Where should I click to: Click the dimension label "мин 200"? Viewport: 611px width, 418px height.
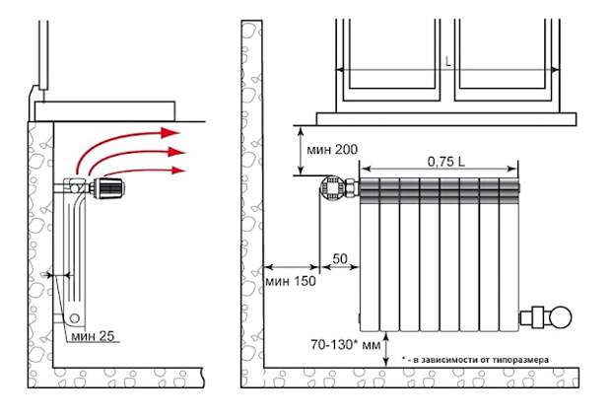pyautogui.click(x=332, y=149)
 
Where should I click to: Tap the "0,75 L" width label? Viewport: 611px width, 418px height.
pyautogui.click(x=446, y=162)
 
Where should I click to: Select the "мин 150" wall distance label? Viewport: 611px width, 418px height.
pyautogui.click(x=291, y=281)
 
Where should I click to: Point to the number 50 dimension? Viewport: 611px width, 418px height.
pyautogui.click(x=340, y=258)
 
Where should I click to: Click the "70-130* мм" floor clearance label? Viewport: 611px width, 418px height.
pyautogui.click(x=345, y=345)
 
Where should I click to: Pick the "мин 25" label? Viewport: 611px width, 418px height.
pyautogui.click(x=93, y=336)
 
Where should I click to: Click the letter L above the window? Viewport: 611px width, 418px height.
pyautogui.click(x=448, y=61)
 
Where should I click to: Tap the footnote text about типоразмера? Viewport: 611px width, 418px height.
pyautogui.click(x=475, y=360)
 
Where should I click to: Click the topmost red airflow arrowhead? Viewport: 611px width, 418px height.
pyautogui.click(x=170, y=132)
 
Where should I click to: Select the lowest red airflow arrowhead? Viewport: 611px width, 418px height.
pyautogui.click(x=178, y=170)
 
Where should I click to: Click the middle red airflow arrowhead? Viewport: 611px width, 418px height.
pyautogui.click(x=176, y=151)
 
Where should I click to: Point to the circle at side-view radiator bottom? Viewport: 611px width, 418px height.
pyautogui.click(x=75, y=318)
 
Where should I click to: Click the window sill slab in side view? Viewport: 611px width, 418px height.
pyautogui.click(x=104, y=111)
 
